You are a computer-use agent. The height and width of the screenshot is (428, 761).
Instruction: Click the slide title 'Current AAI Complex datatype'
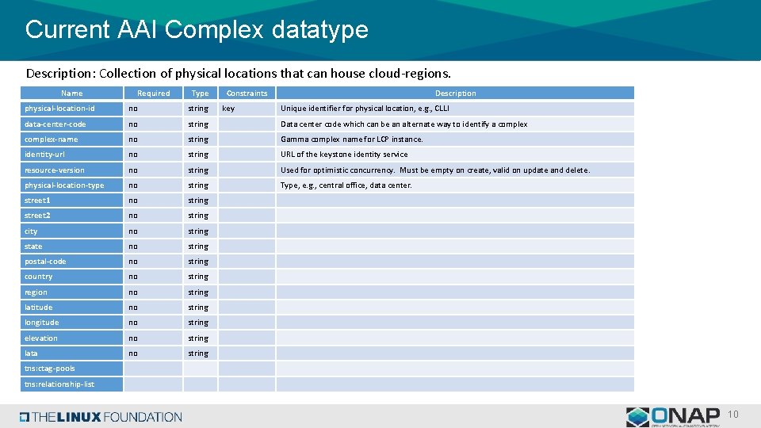[x=197, y=29]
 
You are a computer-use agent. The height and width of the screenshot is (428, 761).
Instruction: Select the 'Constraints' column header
[x=247, y=94]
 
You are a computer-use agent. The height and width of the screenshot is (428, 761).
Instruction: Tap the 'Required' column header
[x=153, y=94]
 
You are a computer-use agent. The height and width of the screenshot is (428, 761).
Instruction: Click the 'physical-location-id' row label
[x=59, y=109]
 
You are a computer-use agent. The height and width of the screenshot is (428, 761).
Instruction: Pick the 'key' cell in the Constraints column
[x=228, y=109]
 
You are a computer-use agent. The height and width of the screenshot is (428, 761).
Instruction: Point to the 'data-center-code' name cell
[x=55, y=124]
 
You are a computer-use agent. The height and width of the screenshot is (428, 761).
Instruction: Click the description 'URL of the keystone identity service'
[x=344, y=155]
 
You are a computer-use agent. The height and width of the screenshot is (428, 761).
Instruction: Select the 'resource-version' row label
[x=54, y=170]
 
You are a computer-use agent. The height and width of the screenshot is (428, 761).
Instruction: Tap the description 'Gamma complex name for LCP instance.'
[x=352, y=139]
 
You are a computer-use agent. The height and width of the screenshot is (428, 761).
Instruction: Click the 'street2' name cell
[x=37, y=216]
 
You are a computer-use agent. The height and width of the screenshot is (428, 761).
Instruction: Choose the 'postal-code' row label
[x=45, y=262]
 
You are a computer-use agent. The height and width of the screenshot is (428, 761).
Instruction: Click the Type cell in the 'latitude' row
[x=198, y=308]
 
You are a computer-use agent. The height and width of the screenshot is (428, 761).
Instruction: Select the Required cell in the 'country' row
[x=133, y=277]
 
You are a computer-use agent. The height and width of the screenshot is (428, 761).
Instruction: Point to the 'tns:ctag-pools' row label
[x=50, y=369]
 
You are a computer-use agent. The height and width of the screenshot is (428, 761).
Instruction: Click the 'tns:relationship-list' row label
[x=59, y=384]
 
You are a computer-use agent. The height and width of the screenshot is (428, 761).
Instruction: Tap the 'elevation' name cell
[x=41, y=338]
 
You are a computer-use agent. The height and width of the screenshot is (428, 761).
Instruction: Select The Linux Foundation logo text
[x=101, y=417]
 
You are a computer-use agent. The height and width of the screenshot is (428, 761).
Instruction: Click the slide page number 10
[x=733, y=415]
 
